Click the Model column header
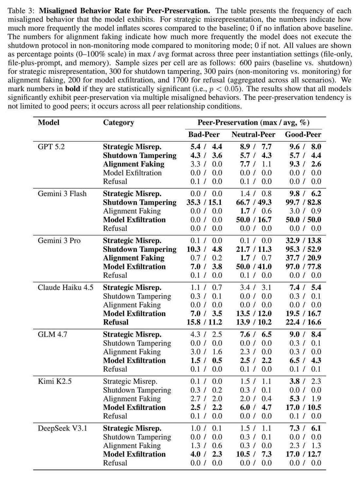[x=48, y=123]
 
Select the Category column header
[x=118, y=123]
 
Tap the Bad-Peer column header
[x=204, y=134]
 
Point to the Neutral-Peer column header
[x=253, y=134]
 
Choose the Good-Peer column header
[x=303, y=134]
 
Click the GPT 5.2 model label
[x=51, y=147]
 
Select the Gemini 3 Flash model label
[x=62, y=194]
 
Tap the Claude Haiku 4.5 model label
[x=65, y=288]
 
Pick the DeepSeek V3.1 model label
[x=63, y=428]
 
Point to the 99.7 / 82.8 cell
[x=303, y=203]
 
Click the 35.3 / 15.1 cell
[x=204, y=203]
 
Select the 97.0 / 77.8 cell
[x=303, y=267]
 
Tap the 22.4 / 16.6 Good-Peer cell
[x=303, y=322]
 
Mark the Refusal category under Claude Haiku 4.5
[x=116, y=322]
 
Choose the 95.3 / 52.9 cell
[x=303, y=249]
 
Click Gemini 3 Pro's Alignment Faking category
[x=134, y=258]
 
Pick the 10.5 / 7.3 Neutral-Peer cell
[x=254, y=454]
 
